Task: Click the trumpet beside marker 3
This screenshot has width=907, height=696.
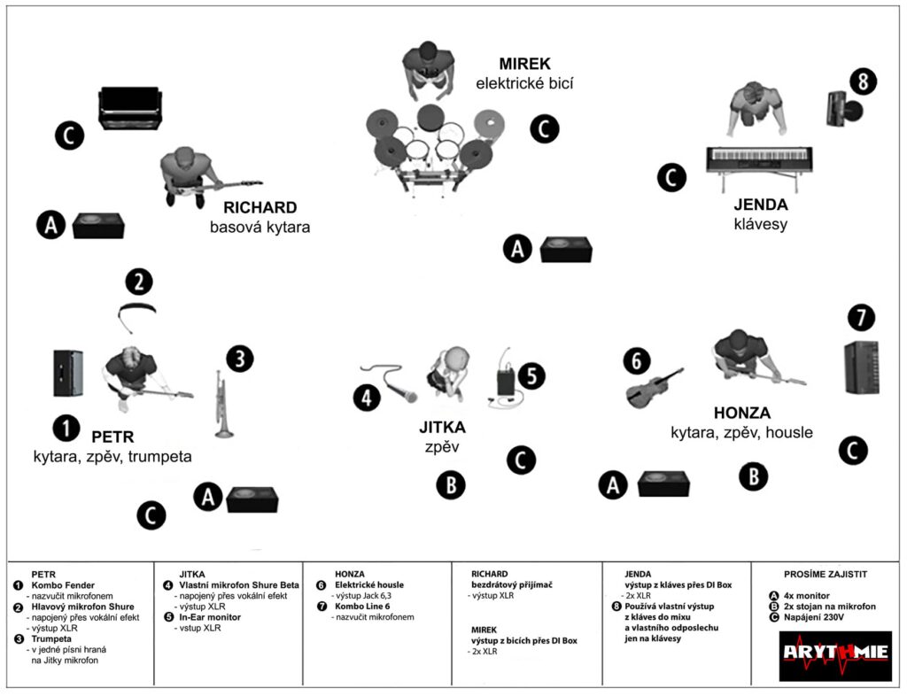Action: tap(222, 404)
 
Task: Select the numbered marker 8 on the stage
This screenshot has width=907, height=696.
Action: tap(863, 81)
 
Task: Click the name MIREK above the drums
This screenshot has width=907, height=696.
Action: tap(524, 64)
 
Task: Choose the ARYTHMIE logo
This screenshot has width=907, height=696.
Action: tap(835, 655)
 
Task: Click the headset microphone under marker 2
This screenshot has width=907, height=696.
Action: tap(136, 315)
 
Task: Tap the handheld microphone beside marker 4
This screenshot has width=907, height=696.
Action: tap(389, 383)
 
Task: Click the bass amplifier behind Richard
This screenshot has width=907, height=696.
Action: tap(130, 108)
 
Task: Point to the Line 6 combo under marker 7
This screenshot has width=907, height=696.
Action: tap(861, 367)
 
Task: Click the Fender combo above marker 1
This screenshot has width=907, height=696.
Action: tap(68, 373)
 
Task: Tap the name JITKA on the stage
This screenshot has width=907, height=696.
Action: tap(442, 428)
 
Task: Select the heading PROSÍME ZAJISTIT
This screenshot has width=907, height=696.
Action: tap(826, 574)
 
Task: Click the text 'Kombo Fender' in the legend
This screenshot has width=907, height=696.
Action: tap(63, 585)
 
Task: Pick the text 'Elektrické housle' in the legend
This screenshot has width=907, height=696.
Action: tap(369, 585)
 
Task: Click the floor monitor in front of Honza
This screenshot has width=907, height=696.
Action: tap(663, 483)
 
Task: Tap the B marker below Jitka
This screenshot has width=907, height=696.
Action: tap(451, 484)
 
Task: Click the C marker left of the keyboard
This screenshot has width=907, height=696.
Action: tap(671, 177)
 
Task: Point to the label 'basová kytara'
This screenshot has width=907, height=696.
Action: tap(260, 228)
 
